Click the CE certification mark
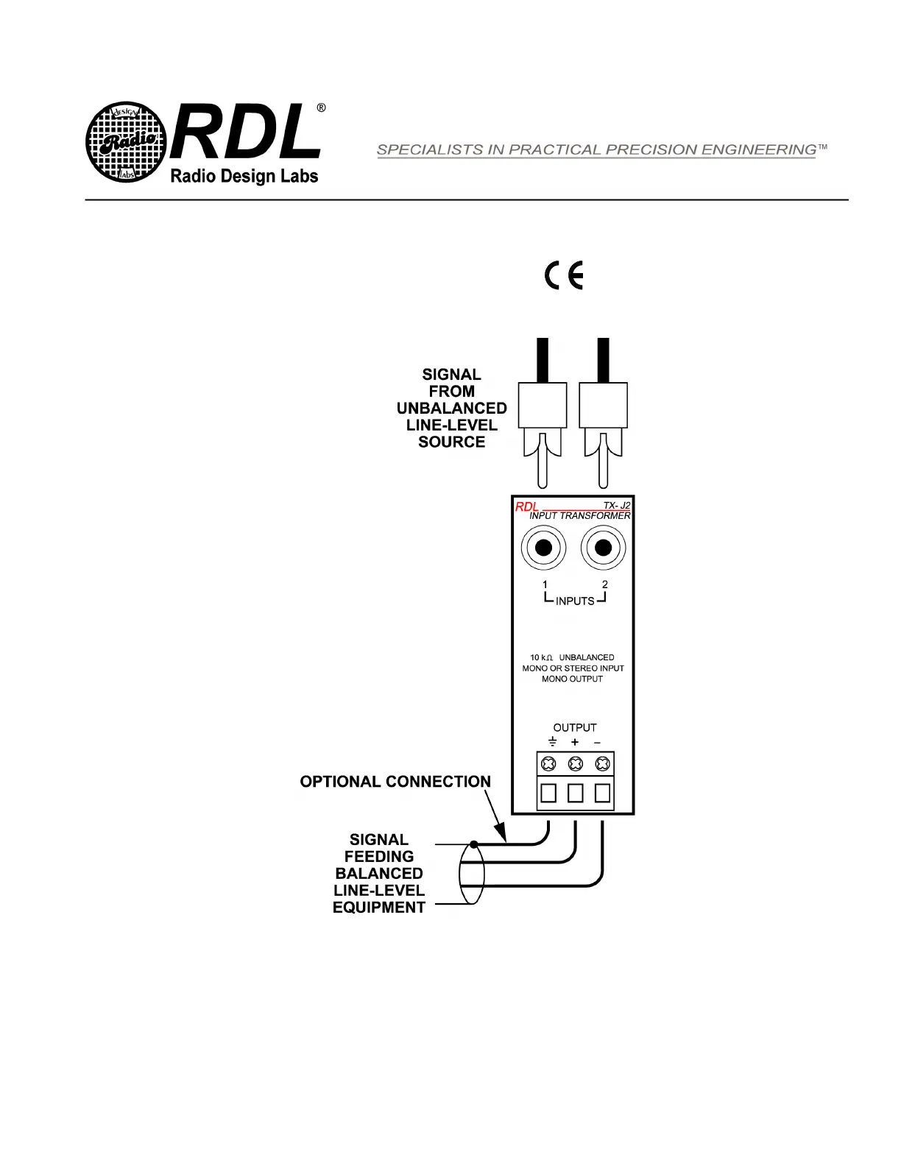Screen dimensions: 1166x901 coord(563,276)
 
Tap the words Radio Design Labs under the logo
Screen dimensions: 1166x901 coord(244,177)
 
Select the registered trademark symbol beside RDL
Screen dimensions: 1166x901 coord(321,107)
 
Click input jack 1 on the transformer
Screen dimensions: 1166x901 coord(543,548)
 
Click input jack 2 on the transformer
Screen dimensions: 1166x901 coord(604,548)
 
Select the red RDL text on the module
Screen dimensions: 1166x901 coord(526,506)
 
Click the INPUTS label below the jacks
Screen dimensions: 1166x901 coord(575,601)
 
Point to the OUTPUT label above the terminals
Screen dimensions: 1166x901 coord(575,727)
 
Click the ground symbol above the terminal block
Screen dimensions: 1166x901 coord(553,742)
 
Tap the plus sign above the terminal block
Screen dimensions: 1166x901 coord(575,743)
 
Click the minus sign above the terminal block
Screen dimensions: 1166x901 coord(597,743)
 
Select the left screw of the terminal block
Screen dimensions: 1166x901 coord(548,763)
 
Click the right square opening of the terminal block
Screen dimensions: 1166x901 coord(602,793)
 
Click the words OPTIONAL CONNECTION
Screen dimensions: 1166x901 coord(395,782)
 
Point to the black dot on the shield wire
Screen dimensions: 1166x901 coord(473,844)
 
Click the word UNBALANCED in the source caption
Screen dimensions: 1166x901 coord(451,409)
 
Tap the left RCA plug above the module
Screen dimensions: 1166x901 coord(543,412)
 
